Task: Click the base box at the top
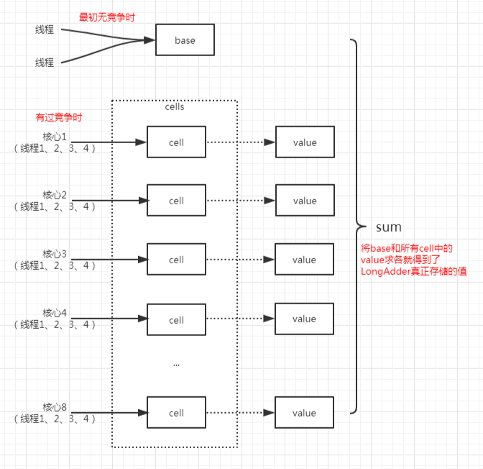click(x=185, y=40)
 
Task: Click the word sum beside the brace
click(x=389, y=227)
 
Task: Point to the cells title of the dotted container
click(x=174, y=106)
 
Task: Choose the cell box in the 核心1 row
click(x=176, y=142)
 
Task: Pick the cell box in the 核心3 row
click(x=176, y=260)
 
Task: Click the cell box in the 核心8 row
click(x=176, y=413)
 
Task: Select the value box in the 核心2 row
click(x=304, y=201)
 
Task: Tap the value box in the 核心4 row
click(x=304, y=319)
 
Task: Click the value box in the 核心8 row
click(x=304, y=413)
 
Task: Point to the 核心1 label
click(x=55, y=136)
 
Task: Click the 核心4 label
click(x=55, y=313)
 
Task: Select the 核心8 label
click(x=55, y=407)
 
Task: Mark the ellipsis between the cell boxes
click(x=176, y=365)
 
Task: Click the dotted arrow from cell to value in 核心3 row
click(x=240, y=260)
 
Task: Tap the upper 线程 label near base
click(x=45, y=29)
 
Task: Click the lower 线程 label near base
click(x=45, y=63)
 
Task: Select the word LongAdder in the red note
click(x=385, y=272)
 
